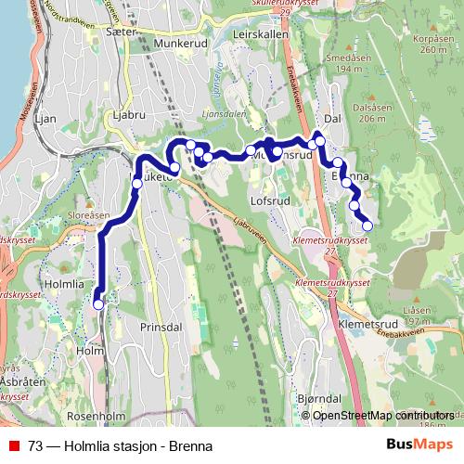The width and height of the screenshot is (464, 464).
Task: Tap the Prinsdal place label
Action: click(159, 328)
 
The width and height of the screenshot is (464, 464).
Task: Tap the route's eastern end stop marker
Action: click(367, 225)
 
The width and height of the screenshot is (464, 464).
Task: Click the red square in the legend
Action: click(14, 444)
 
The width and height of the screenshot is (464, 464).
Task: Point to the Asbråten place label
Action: click(16, 380)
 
